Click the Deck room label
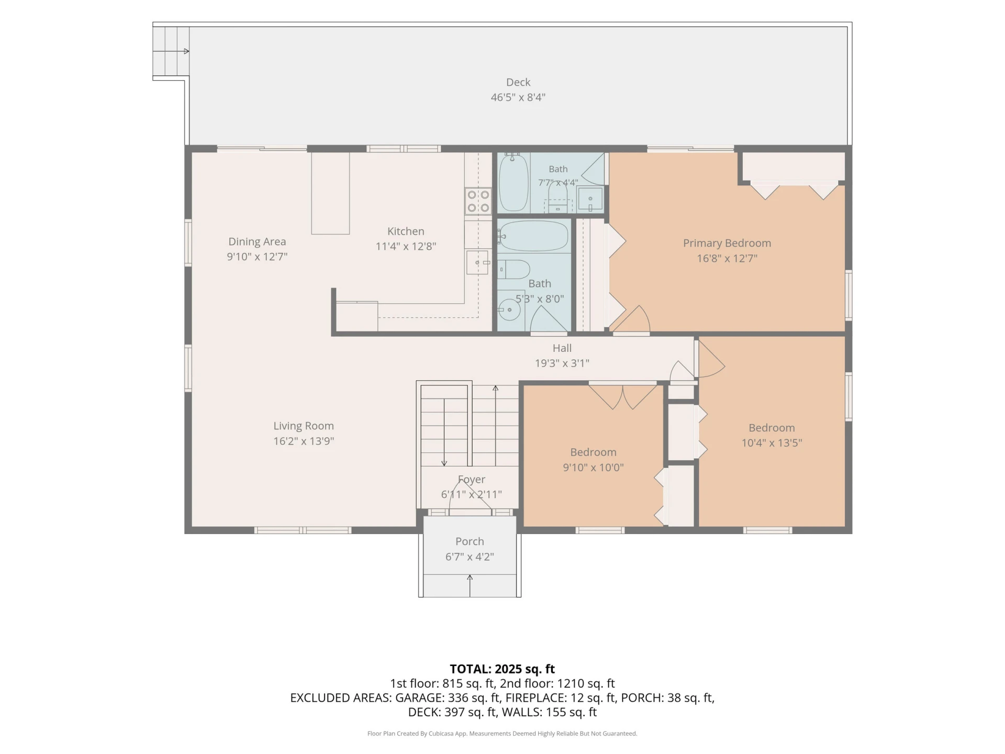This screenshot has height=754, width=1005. [518, 82]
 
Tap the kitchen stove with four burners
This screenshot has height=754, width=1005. [478, 201]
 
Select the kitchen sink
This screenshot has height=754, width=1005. [477, 262]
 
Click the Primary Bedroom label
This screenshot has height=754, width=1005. [727, 243]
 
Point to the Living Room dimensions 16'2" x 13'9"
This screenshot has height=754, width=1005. [304, 441]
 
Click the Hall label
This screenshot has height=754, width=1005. [562, 348]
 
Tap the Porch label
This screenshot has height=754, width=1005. [470, 541]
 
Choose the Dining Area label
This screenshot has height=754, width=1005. [257, 242]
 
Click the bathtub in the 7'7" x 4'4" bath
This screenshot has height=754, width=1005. [513, 182]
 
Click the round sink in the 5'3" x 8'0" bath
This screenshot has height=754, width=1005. [509, 310]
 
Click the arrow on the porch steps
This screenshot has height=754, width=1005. [470, 585]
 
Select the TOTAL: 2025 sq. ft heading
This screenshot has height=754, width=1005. [502, 669]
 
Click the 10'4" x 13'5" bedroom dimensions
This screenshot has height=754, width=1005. [772, 443]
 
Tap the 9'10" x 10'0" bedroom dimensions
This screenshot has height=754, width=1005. [593, 468]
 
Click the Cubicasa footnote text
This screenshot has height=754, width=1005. [502, 734]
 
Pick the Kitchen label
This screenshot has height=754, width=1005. [406, 231]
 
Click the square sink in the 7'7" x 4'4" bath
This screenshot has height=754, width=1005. [590, 199]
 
